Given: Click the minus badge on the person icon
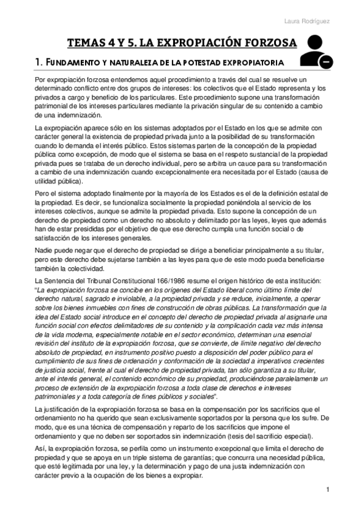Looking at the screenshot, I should pos(326,63).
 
